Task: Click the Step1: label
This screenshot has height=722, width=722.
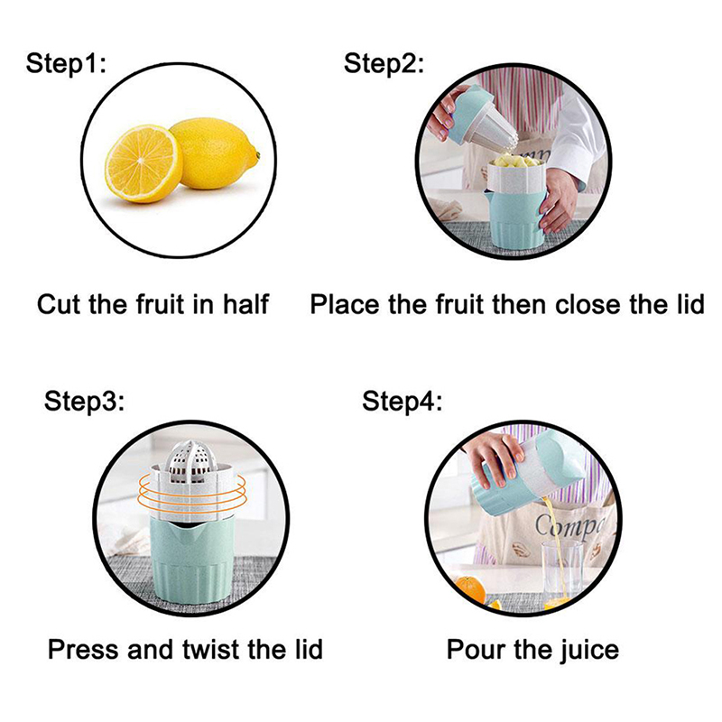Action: (x=66, y=63)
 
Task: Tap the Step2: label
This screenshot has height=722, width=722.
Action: (x=384, y=63)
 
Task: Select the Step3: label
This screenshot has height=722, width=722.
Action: (x=84, y=401)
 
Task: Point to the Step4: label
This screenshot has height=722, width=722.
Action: (x=402, y=401)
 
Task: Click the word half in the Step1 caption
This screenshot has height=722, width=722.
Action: (x=245, y=304)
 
